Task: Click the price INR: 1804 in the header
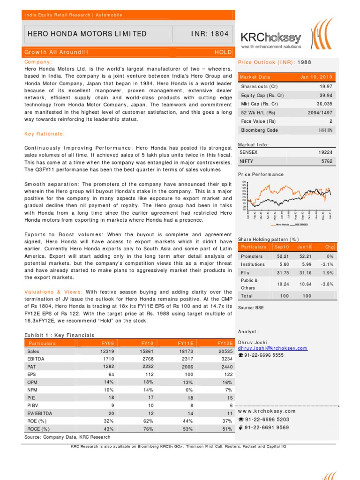[x=204, y=34]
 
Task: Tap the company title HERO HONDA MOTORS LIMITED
[x=88, y=34]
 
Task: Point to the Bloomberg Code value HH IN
[x=325, y=130]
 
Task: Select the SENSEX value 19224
[x=324, y=153]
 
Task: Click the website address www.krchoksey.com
[x=263, y=411]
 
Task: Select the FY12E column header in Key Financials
[x=225, y=343]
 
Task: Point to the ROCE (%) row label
[x=38, y=429]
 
